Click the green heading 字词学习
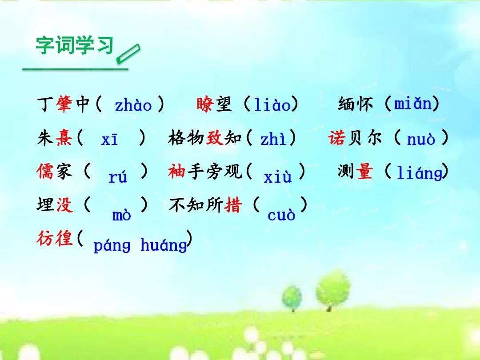click(75, 46)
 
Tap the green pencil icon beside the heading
click(128, 54)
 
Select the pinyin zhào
click(133, 105)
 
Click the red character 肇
click(64, 104)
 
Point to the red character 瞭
click(205, 104)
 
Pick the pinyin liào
click(272, 104)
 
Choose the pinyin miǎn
click(412, 103)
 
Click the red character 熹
click(64, 138)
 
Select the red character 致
click(215, 137)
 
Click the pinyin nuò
click(421, 140)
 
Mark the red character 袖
click(176, 171)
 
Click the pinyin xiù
click(278, 176)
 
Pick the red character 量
click(364, 171)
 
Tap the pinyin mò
click(121, 215)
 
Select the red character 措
click(233, 204)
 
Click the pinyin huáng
click(164, 245)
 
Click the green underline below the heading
click(75, 69)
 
